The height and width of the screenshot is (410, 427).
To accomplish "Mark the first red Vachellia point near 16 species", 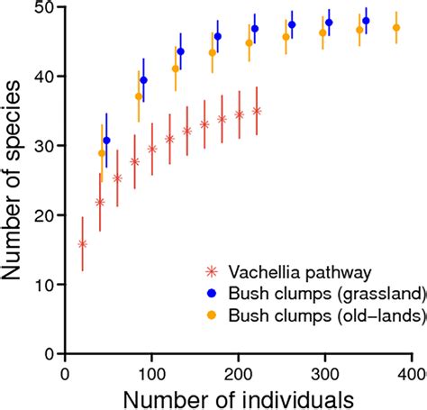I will coord(83,243).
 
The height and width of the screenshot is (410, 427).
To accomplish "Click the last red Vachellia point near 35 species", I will coord(257,111).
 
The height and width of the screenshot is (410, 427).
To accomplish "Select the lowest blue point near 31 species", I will coord(106,141).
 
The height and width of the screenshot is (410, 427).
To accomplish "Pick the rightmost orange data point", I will coord(395,28).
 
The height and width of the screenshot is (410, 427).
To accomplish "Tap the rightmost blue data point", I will coord(366,21).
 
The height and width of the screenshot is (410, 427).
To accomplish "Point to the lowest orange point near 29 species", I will coord(101,153).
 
